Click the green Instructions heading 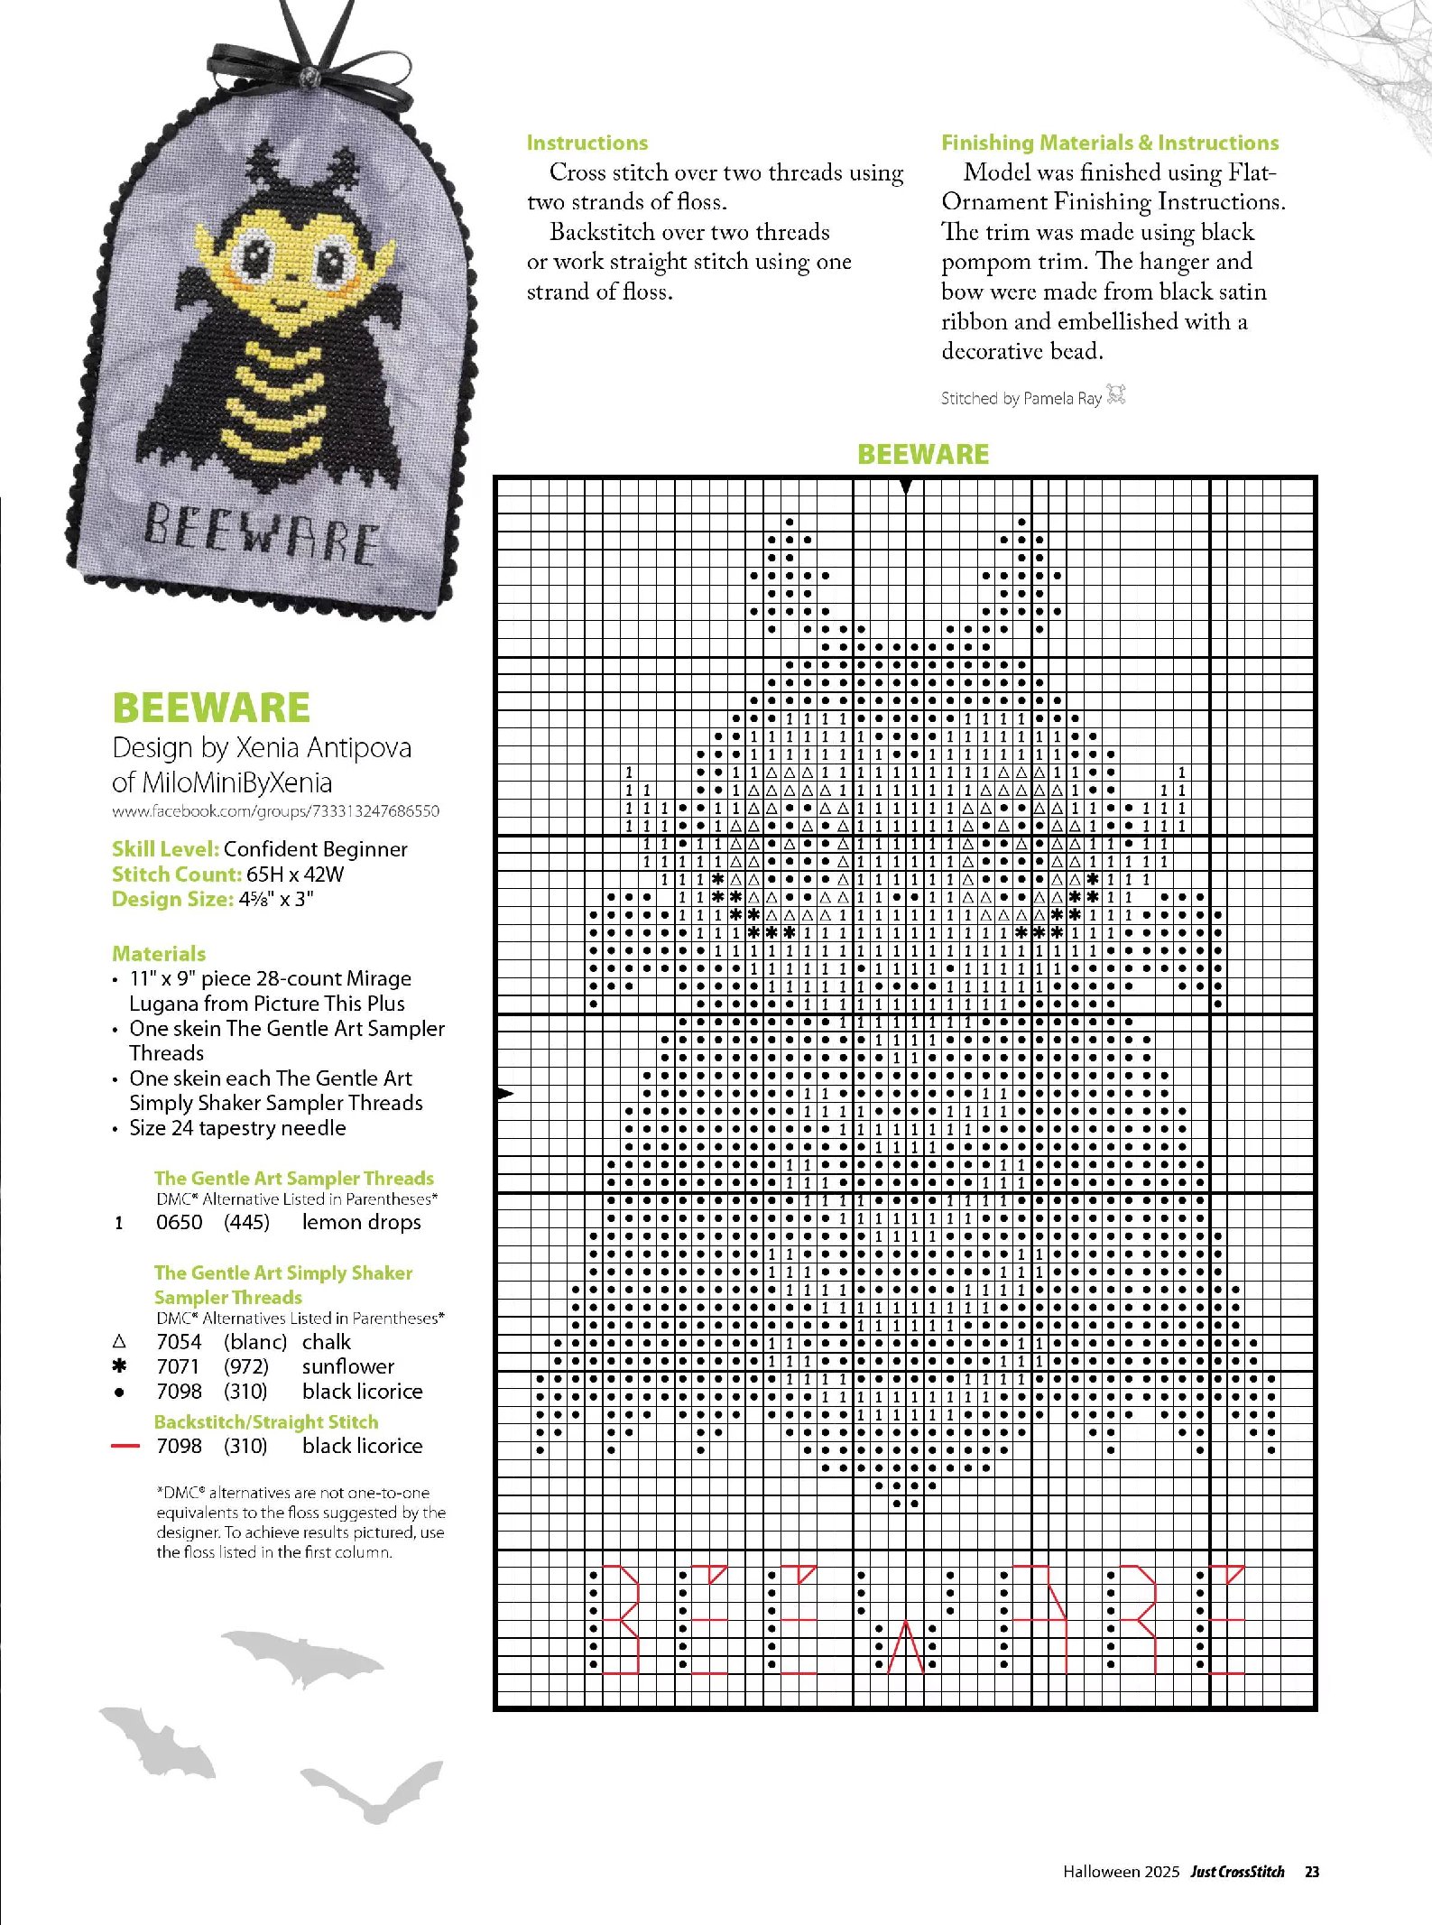587,143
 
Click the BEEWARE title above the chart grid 922,454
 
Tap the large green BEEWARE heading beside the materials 211,708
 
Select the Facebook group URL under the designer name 275,811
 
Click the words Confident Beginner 315,849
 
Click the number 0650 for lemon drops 179,1222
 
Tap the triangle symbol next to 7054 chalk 119,1342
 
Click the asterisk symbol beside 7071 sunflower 119,1366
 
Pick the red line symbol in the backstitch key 125,1446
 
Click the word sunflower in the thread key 347,1366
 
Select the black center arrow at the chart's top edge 906,486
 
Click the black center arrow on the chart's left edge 505,1093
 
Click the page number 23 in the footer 1312,1872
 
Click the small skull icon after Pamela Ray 1116,394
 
